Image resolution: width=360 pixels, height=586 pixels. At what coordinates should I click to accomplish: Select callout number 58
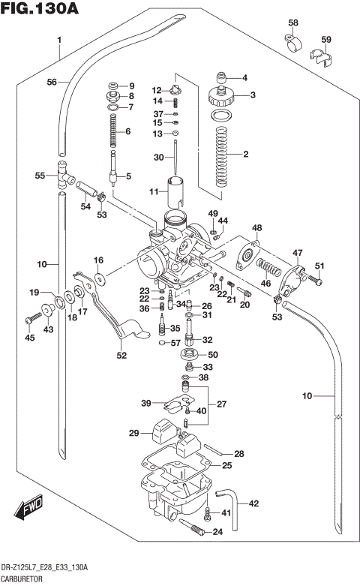(292, 23)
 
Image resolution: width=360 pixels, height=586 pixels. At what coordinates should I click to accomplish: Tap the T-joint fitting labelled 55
(62, 176)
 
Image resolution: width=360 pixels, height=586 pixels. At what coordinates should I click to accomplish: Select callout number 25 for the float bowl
(226, 466)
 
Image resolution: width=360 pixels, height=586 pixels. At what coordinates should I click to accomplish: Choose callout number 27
(221, 404)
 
